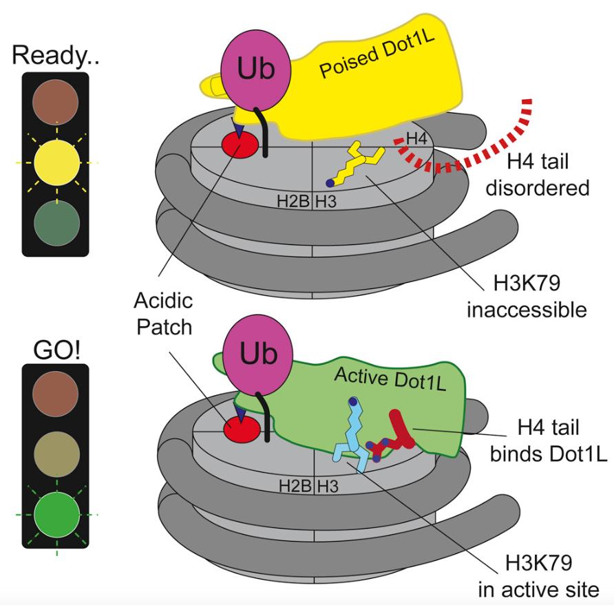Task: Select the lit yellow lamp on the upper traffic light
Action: [x=56, y=163]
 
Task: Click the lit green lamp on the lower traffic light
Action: [x=56, y=513]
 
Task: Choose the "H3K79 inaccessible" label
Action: [x=527, y=297]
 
